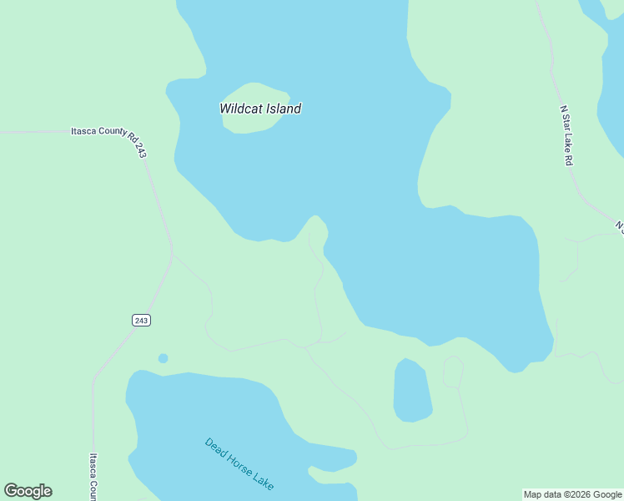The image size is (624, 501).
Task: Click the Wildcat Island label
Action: (260, 109)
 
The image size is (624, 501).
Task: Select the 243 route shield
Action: (140, 320)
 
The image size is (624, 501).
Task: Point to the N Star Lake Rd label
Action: (566, 134)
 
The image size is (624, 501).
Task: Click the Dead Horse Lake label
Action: (239, 464)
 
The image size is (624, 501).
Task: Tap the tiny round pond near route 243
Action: (163, 358)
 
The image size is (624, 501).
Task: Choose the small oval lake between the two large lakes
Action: (412, 391)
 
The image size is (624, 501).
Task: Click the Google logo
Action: (28, 491)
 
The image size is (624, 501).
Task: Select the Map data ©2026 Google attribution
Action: (572, 494)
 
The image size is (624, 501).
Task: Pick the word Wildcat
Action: (239, 109)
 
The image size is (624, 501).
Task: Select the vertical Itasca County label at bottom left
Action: (93, 476)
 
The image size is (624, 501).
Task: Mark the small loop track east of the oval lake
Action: (453, 372)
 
